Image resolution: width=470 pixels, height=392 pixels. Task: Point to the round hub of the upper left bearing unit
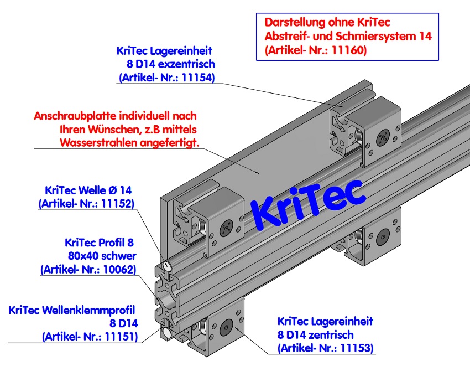click(x=224, y=228)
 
